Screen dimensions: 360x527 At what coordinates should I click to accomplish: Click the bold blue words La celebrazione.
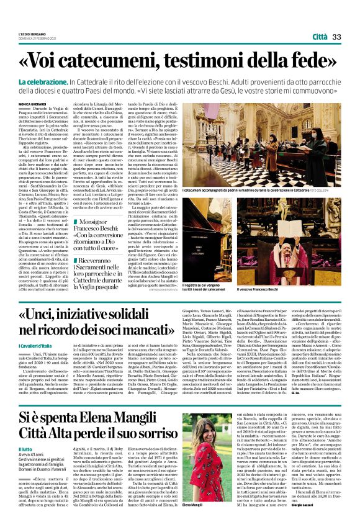coord(60,82)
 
